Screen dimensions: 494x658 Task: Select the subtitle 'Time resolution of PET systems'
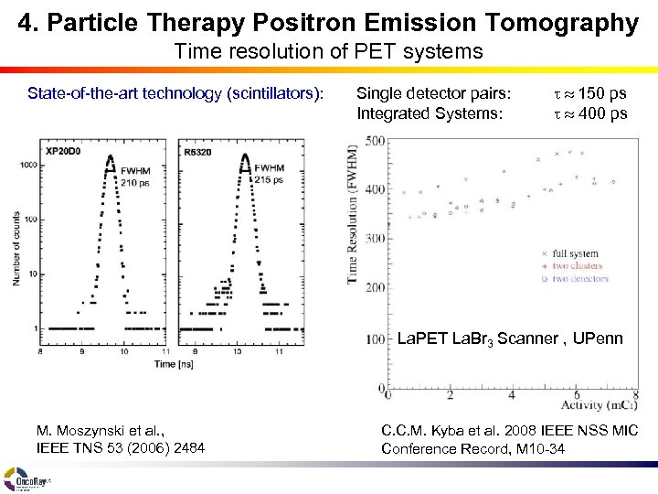pos(328,52)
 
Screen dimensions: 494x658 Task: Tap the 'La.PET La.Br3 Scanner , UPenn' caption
pos(510,339)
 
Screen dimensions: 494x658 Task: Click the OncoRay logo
pos(27,478)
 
